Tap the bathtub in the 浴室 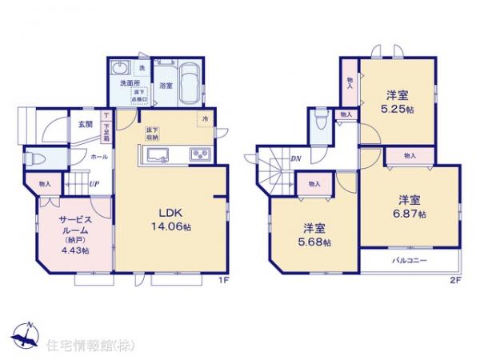coord(189,83)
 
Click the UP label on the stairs coord(94,185)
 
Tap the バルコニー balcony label coord(409,262)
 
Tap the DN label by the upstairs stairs coord(295,158)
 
